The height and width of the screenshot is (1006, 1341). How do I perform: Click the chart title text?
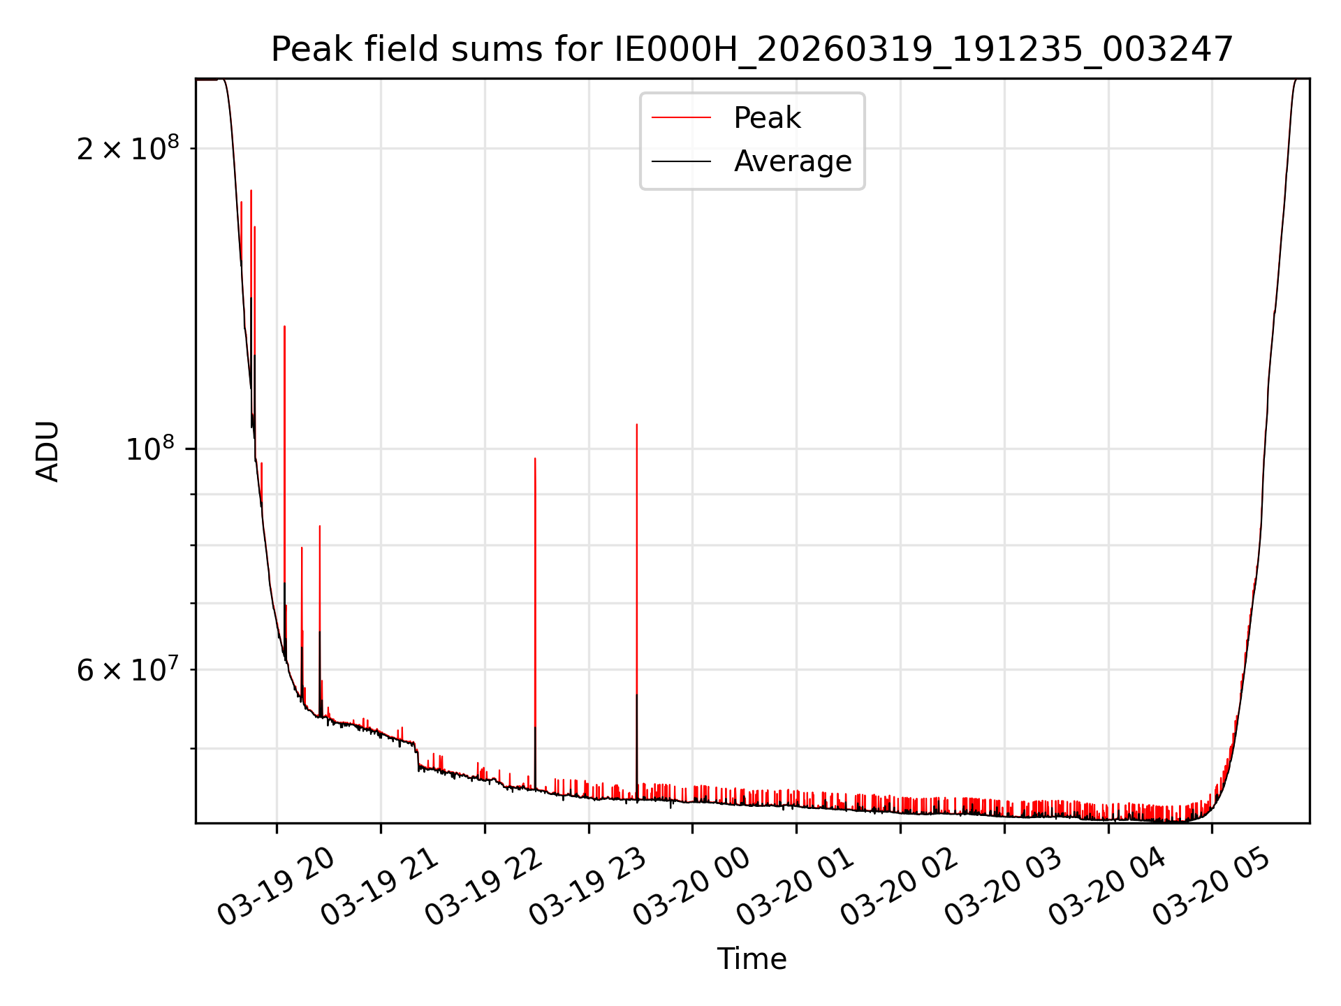pos(752,50)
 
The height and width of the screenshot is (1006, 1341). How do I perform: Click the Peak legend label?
pos(767,118)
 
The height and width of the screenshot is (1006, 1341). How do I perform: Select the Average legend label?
pos(792,161)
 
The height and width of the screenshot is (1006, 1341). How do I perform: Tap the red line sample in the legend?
pos(681,118)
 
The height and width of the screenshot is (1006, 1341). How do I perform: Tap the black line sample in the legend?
pos(681,161)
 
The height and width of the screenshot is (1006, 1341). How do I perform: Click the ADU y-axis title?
pos(47,451)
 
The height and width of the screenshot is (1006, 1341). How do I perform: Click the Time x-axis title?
pos(752,959)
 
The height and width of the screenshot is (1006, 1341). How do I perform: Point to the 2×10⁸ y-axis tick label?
pos(128,149)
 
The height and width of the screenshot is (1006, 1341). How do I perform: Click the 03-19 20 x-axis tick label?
pos(277,888)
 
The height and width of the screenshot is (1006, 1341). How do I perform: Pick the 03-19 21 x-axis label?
pos(380,888)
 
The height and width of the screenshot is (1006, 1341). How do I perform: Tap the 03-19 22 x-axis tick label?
pos(484,888)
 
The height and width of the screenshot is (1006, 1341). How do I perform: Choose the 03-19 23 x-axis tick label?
pos(588,888)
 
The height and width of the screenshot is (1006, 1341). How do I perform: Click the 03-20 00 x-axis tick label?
pos(691,888)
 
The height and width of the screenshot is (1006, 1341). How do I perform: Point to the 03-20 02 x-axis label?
pos(900,888)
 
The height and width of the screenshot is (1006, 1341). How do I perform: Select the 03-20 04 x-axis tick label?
pos(1108,888)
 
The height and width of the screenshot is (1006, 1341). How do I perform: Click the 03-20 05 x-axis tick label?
pos(1211,888)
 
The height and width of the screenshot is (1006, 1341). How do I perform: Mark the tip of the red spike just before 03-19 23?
pos(637,425)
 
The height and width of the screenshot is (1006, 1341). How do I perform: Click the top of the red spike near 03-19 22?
pos(535,459)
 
